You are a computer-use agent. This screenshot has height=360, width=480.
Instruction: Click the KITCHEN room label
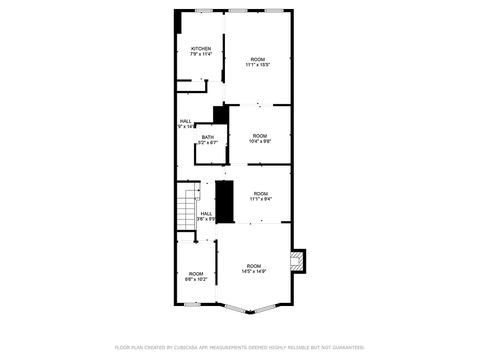[201, 49]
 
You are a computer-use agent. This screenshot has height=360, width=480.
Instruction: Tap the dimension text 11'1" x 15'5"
[258, 65]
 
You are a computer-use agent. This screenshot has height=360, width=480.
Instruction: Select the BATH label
[208, 137]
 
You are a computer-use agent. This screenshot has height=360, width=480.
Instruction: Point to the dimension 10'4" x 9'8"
[260, 141]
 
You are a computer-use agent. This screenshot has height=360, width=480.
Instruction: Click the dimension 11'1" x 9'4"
[260, 199]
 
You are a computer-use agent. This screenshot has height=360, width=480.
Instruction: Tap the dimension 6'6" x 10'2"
[196, 279]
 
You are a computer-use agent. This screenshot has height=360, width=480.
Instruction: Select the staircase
[186, 209]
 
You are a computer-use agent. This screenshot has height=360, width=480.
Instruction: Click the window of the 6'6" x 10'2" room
[192, 304]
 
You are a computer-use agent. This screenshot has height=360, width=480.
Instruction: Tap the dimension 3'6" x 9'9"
[206, 219]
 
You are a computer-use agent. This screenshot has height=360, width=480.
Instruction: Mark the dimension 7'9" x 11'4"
[201, 54]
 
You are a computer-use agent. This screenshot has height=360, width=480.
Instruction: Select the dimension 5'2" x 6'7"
[207, 143]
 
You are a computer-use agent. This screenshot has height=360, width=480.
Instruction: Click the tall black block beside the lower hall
[225, 202]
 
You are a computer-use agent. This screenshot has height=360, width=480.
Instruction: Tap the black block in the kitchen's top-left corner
[178, 22]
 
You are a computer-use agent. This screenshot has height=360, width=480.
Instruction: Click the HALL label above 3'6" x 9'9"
[206, 214]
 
